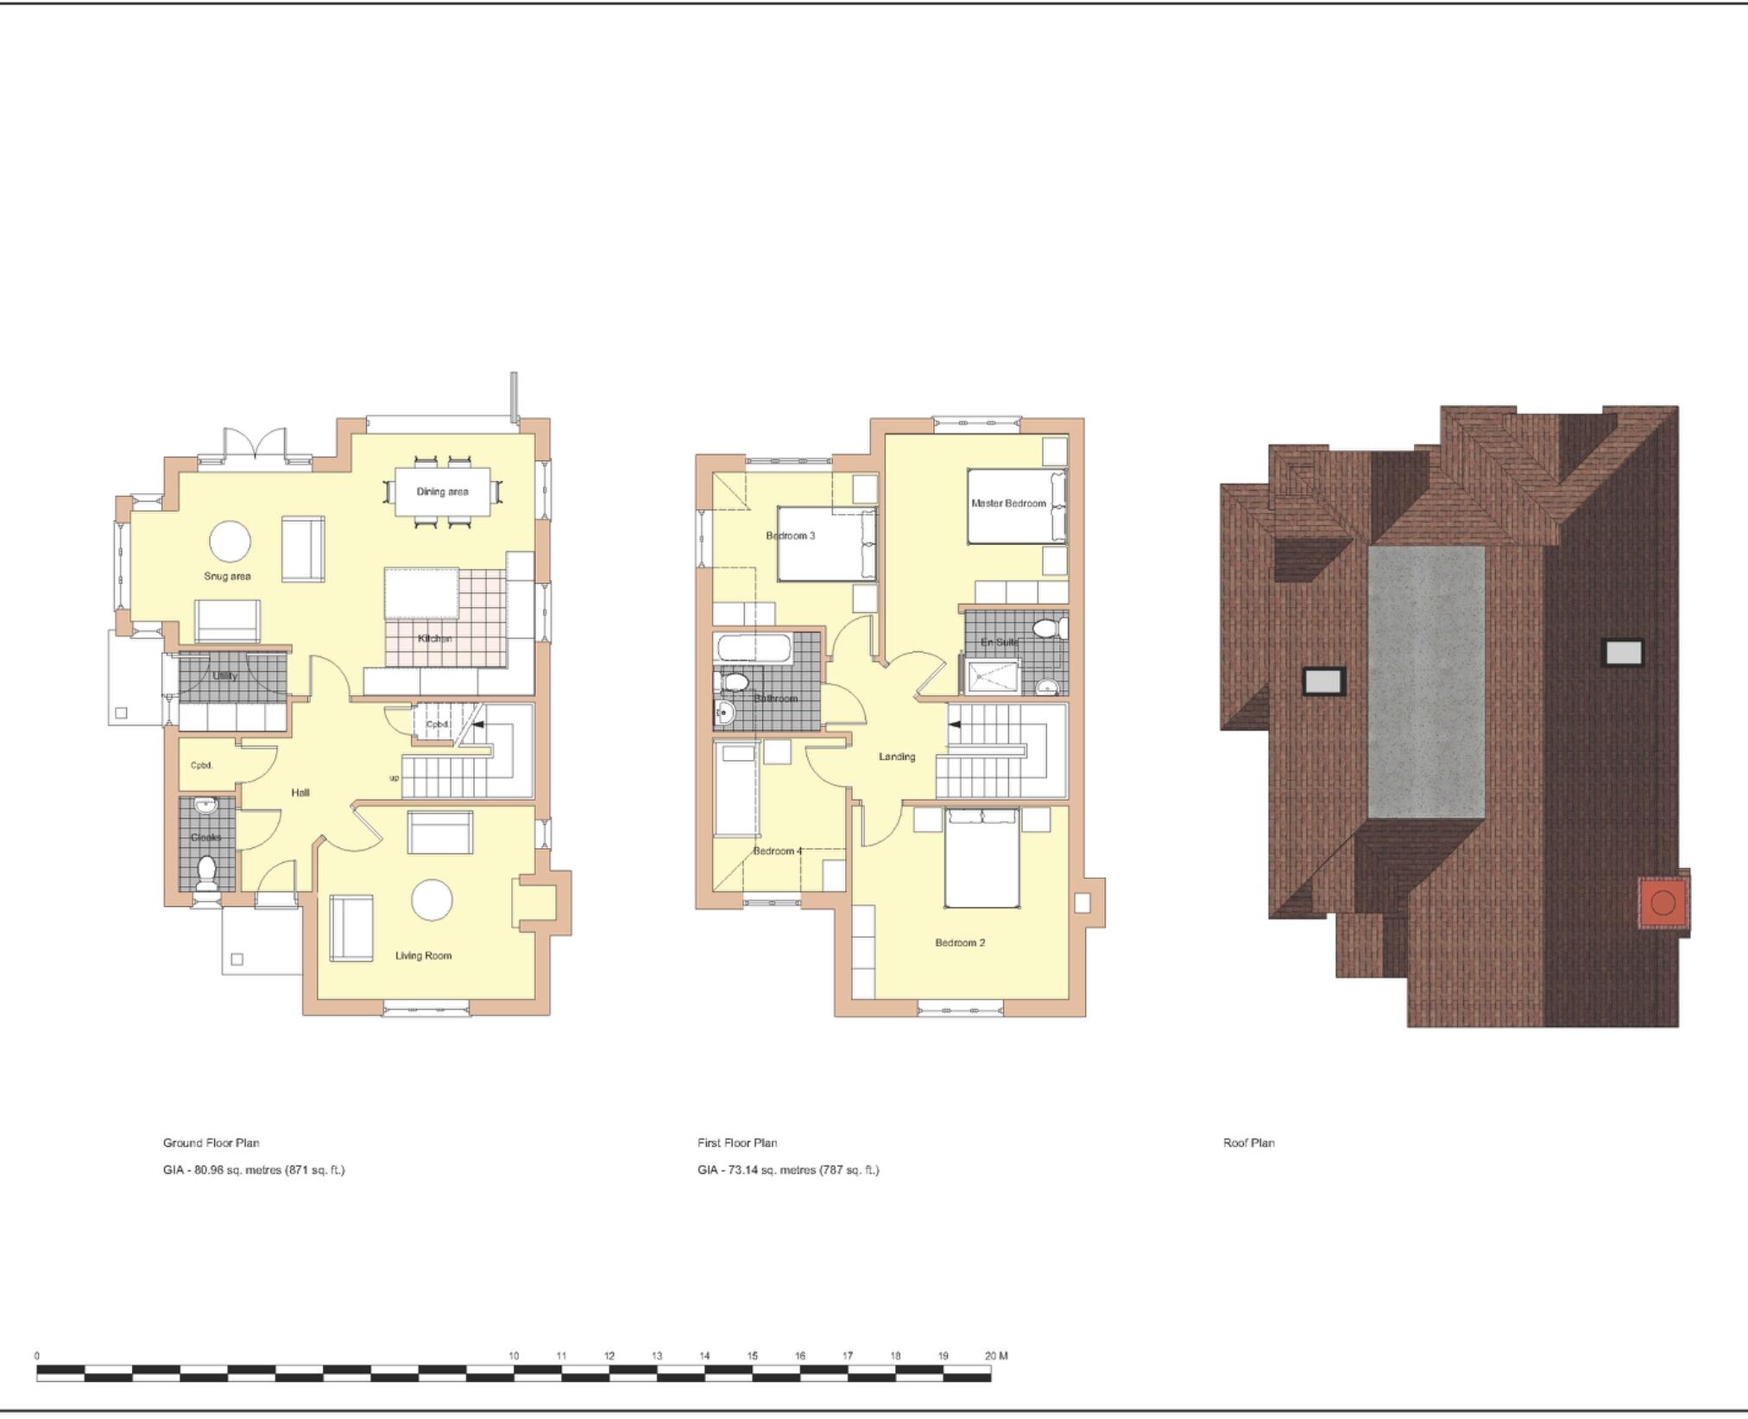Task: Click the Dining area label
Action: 442,491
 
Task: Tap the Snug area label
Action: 227,576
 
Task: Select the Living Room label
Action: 423,955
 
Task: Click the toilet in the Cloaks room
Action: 206,872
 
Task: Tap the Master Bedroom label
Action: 1008,503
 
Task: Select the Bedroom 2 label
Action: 960,942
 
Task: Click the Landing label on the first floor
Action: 897,757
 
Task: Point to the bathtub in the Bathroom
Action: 753,649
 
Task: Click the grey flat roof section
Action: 1426,682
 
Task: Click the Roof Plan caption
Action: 1248,1143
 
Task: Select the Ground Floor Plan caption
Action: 211,1143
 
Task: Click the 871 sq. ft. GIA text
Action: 315,1170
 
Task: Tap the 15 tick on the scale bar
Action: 752,1356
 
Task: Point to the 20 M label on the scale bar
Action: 996,1356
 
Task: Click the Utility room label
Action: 224,675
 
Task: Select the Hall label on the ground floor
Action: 300,792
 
